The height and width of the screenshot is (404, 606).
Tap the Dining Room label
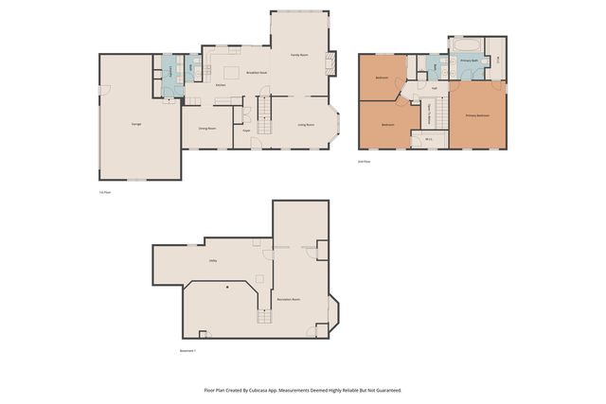coord(207,127)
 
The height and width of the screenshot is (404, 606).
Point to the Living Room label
coord(306,124)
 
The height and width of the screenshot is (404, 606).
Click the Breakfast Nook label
coord(256,72)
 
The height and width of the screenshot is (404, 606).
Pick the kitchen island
coord(230,72)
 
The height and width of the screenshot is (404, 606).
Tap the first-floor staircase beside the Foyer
coord(265,114)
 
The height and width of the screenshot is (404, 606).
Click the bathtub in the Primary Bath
coord(464,44)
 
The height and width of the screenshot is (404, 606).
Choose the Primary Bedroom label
coord(477,116)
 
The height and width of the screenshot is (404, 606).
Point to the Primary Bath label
coord(469,61)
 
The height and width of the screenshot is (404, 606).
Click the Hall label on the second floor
coord(434,88)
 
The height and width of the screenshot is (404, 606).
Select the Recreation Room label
coord(289,299)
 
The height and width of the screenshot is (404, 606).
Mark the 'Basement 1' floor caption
coord(188,351)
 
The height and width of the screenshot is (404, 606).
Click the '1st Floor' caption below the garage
coord(105,192)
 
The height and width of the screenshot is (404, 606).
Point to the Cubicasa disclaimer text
coord(302,389)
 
